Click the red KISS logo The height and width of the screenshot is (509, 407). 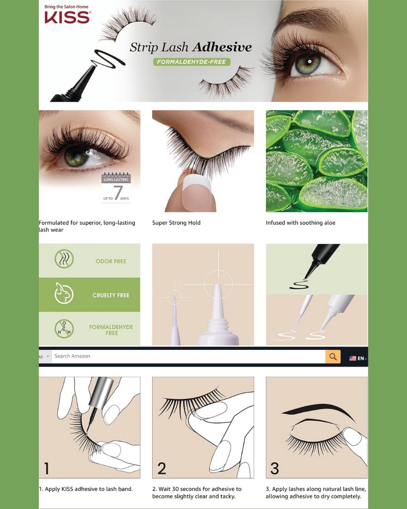point(67,17)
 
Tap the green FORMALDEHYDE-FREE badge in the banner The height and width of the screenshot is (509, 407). point(191,62)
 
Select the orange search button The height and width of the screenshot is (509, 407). point(333,356)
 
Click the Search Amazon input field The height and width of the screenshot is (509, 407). point(188,356)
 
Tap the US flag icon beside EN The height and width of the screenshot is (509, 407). point(352,358)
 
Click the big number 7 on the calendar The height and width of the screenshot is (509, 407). point(118,192)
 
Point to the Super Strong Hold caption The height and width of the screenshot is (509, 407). point(176,223)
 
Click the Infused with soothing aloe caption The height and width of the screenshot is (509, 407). point(301,223)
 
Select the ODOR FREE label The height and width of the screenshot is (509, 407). point(111,261)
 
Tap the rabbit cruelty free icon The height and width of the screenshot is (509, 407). point(64,293)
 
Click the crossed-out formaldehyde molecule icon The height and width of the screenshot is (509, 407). point(64,329)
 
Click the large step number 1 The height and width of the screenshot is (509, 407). point(47,468)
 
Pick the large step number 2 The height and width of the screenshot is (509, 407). point(161,468)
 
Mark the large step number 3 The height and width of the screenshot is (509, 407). point(275,468)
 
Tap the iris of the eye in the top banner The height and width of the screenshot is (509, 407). point(308,62)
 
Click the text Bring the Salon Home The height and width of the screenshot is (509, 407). point(67,6)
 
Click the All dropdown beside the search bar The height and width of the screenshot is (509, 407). point(45,356)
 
